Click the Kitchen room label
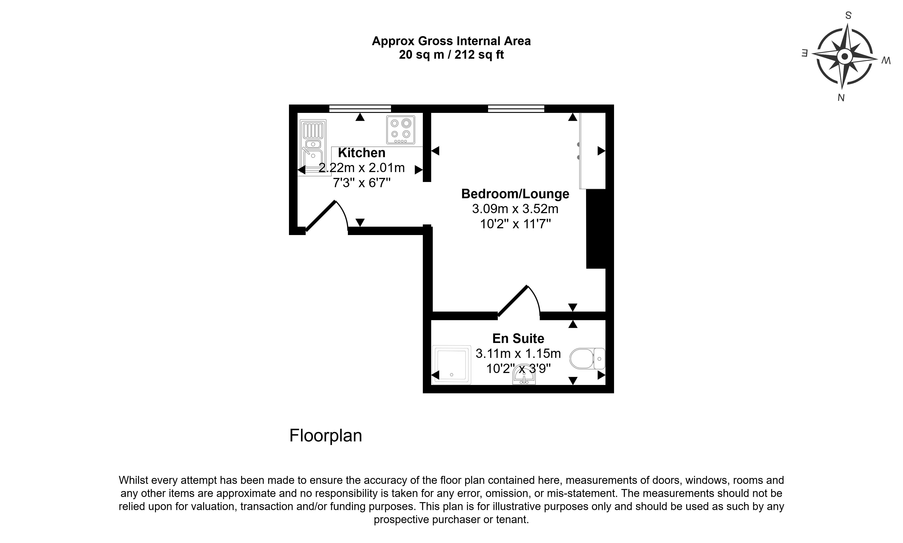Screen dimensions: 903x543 (x=361, y=153)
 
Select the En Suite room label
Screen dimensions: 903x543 (x=518, y=338)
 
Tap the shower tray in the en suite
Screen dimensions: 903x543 (x=452, y=365)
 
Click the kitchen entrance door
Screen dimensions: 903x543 (x=327, y=216)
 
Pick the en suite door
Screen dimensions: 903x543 (x=519, y=301)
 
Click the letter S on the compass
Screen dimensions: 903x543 (x=848, y=15)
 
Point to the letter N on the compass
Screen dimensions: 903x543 (x=841, y=98)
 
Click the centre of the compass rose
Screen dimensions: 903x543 (x=845, y=57)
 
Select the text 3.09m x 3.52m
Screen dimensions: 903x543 (x=515, y=209)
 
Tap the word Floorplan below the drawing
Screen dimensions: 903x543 (x=326, y=436)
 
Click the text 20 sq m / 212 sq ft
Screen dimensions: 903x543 (x=451, y=54)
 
